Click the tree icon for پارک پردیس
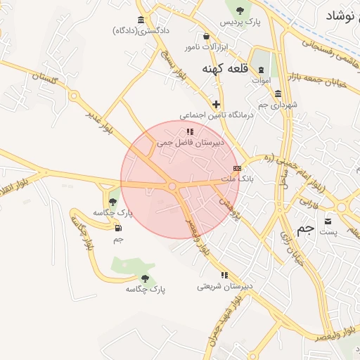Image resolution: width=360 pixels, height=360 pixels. [x=240, y=10]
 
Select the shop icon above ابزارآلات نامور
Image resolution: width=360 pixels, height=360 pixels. [x=206, y=36]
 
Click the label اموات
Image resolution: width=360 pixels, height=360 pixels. [x=262, y=81]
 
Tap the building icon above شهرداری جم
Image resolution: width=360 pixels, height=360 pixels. [x=278, y=94]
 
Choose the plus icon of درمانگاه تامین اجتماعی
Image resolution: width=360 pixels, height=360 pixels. [x=216, y=104]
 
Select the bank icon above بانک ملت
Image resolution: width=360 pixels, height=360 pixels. [x=237, y=169]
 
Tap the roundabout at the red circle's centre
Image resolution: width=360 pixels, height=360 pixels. [x=172, y=186]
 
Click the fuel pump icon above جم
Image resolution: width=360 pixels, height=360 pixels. [x=117, y=227]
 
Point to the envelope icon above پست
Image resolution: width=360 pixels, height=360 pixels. [x=328, y=221]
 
